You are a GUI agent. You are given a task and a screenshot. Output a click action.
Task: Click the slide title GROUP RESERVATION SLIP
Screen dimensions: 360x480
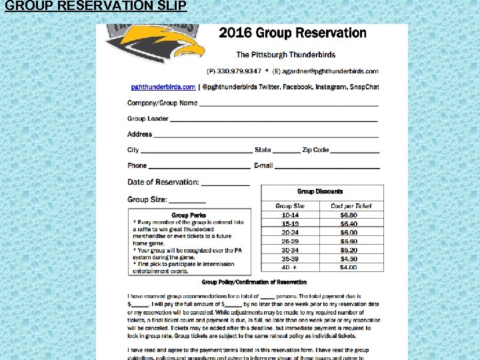[95, 7]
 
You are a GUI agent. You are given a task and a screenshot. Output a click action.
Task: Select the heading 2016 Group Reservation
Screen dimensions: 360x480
[293, 33]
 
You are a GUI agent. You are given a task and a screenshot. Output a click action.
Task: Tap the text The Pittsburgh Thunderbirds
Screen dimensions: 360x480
[286, 55]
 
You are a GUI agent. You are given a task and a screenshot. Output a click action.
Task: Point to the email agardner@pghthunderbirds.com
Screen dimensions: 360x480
[331, 71]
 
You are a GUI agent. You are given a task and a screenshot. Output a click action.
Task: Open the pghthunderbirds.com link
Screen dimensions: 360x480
[163, 87]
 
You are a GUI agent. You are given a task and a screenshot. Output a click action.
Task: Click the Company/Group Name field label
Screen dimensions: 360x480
[162, 103]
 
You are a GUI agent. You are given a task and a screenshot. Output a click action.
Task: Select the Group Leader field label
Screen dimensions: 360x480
[147, 119]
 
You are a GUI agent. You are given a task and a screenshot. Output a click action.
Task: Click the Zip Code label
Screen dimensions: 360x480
[315, 150]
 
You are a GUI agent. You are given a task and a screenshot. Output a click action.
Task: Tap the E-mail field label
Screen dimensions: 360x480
[263, 166]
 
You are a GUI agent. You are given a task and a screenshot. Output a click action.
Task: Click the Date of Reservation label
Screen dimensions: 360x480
[163, 182]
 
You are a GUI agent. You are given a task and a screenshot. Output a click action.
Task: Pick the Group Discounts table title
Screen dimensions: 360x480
[320, 191]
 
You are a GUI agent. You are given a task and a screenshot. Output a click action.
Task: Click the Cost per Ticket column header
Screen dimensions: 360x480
[351, 206]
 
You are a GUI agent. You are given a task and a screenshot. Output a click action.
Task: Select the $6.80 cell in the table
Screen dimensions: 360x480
[349, 215]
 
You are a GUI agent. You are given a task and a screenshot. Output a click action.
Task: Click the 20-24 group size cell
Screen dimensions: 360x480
[290, 233]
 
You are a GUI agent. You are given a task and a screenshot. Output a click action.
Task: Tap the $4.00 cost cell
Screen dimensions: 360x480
[349, 267]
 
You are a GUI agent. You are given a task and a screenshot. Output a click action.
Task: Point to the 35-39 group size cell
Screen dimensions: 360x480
[290, 259]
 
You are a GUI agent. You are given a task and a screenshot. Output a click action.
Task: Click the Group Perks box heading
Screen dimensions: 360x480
[189, 215]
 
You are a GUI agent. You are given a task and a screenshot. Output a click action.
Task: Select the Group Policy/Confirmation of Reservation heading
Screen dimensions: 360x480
[254, 283]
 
